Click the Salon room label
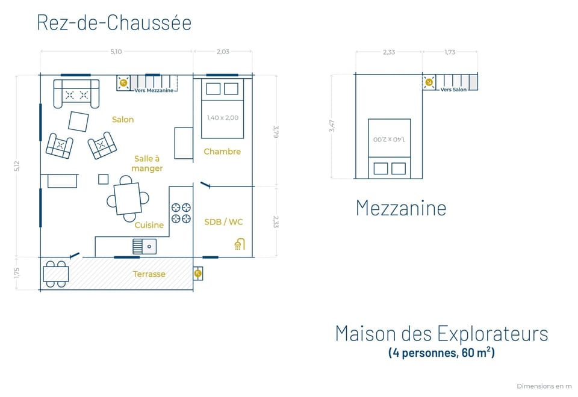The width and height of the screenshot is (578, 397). pos(123,120)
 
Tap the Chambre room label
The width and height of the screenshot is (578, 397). pos(222,152)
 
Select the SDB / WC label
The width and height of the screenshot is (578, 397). pos(224,222)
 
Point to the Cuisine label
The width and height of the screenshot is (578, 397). pos(149,225)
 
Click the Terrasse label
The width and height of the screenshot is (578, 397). pos(149,274)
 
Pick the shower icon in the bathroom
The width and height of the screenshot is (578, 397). pos(239,244)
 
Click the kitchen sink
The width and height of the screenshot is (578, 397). pos(144,246)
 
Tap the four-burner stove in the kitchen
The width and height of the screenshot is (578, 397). pos(181,213)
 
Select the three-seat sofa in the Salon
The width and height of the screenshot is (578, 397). pos(76,94)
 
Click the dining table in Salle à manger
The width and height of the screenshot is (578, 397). pos(128,198)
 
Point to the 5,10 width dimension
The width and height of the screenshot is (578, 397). pos(116,52)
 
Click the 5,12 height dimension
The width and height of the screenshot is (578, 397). pos(17,166)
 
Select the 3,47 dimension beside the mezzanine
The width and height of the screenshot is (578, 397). pos(332,126)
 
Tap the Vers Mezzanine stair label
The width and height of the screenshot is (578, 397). pos(154,90)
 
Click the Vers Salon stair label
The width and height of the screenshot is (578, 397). pos(453,90)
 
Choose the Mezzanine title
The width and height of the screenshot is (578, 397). pos(401,208)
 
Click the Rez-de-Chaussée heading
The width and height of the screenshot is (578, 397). pos(114,23)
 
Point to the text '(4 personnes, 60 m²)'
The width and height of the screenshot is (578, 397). pos(441,352)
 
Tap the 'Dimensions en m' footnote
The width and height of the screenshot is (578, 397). pos(544,386)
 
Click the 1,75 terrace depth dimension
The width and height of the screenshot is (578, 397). pos(17,272)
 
